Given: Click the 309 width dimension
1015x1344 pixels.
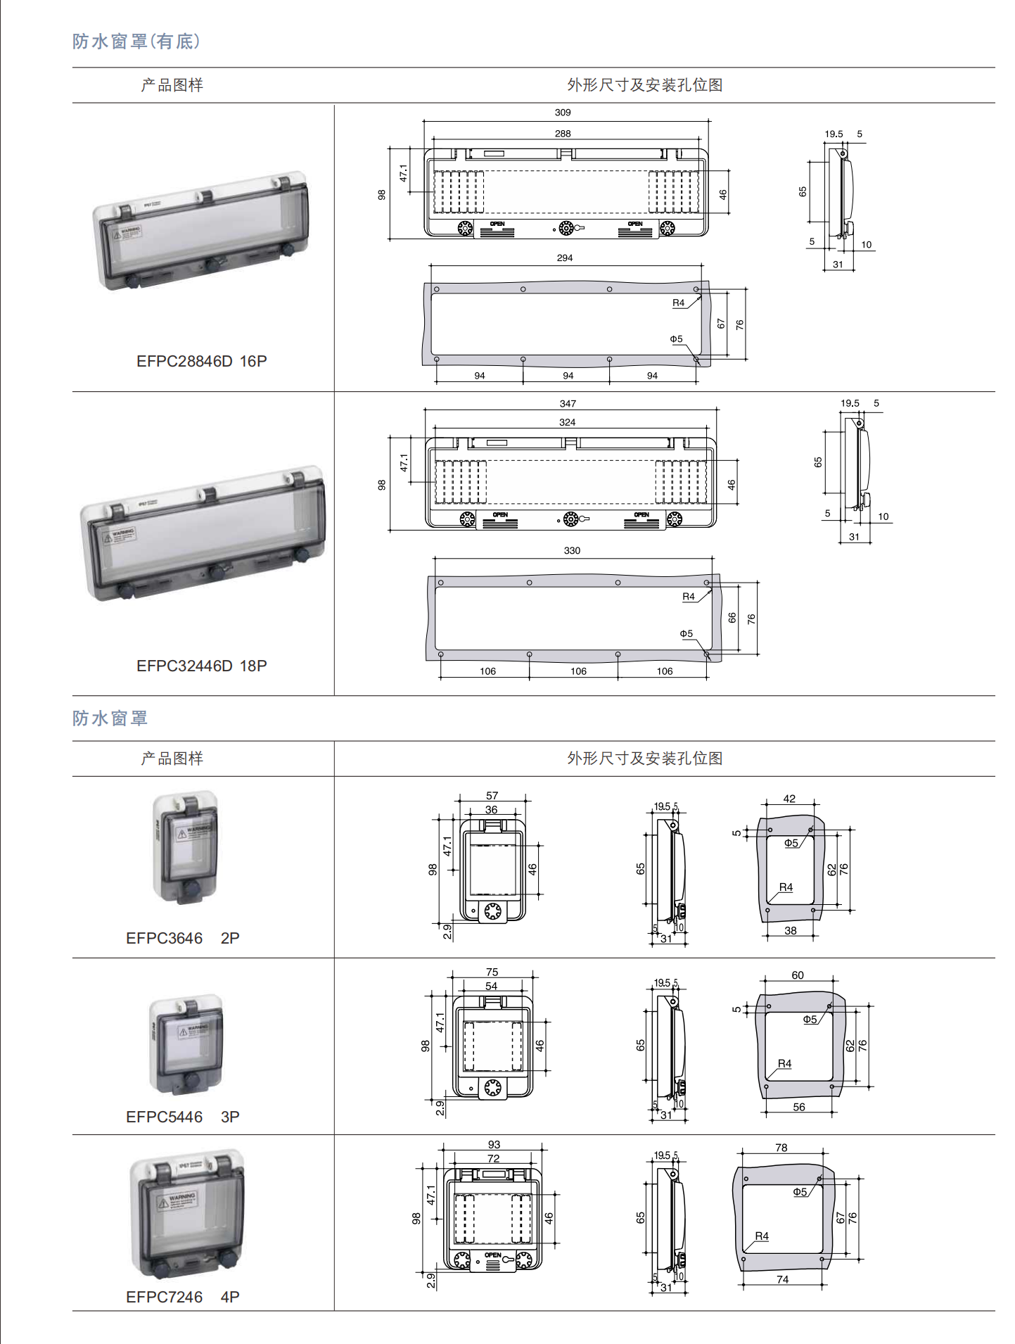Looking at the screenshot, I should (x=563, y=113).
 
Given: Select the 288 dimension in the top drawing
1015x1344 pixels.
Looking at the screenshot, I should (x=563, y=134).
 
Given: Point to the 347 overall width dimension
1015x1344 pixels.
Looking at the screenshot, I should (x=568, y=404).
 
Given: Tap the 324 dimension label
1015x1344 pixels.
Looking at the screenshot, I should (x=567, y=422).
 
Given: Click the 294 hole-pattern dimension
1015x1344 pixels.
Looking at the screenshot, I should (x=565, y=258).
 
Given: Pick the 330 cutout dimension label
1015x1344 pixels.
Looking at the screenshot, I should (x=572, y=551).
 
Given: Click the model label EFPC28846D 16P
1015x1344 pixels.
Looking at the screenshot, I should (x=202, y=362).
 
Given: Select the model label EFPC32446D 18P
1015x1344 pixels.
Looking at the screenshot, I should (x=202, y=666).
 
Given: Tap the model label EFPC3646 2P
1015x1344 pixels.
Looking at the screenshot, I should (x=183, y=939).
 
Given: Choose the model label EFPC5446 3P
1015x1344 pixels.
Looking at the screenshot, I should (x=183, y=1117).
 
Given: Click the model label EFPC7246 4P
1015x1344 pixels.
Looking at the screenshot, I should (x=183, y=1298).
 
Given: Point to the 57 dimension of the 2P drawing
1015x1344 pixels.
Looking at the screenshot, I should (x=492, y=796).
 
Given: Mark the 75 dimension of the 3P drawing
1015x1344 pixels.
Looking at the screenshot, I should (x=492, y=972).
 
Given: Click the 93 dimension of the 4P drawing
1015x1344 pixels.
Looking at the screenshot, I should (x=494, y=1145).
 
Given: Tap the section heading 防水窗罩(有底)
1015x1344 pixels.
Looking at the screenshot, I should (x=136, y=42).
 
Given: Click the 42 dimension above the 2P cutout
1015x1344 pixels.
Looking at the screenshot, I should (x=789, y=799).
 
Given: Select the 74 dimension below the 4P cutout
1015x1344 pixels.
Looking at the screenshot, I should (x=783, y=1280).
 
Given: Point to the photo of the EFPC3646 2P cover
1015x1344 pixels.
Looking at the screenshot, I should (x=186, y=848).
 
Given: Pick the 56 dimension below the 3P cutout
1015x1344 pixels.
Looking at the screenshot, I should (x=799, y=1108).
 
